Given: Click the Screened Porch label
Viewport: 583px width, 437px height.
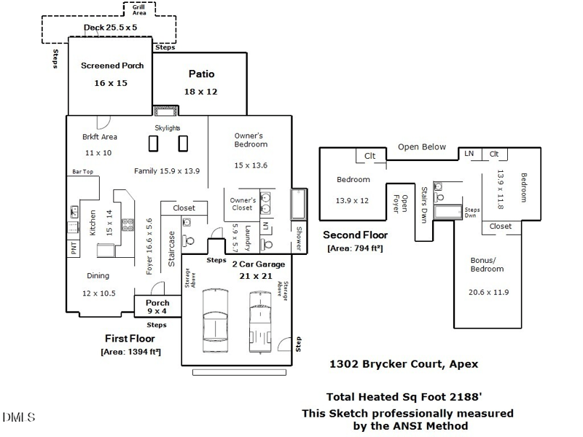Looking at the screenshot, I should point(112,66).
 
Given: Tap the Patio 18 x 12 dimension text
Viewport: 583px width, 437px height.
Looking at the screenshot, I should point(201,92).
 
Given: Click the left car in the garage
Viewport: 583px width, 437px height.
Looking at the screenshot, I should point(217,315).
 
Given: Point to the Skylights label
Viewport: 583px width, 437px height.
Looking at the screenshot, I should point(168,128).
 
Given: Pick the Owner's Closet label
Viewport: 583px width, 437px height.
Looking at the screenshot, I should point(243,204).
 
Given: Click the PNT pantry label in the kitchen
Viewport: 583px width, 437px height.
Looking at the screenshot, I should point(74,248).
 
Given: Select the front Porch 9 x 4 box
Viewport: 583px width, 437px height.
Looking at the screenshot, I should point(157,307).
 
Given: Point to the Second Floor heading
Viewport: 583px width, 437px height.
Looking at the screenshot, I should point(355,235).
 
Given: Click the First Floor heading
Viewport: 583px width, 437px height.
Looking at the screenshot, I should point(130,339).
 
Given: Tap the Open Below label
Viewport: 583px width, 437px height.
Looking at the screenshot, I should point(421,147).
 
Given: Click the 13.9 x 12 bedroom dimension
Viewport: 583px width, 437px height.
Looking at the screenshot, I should point(352,200).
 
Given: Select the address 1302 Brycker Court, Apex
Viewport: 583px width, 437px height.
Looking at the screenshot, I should point(404,364).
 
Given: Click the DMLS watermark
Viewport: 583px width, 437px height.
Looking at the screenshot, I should point(18,417).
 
